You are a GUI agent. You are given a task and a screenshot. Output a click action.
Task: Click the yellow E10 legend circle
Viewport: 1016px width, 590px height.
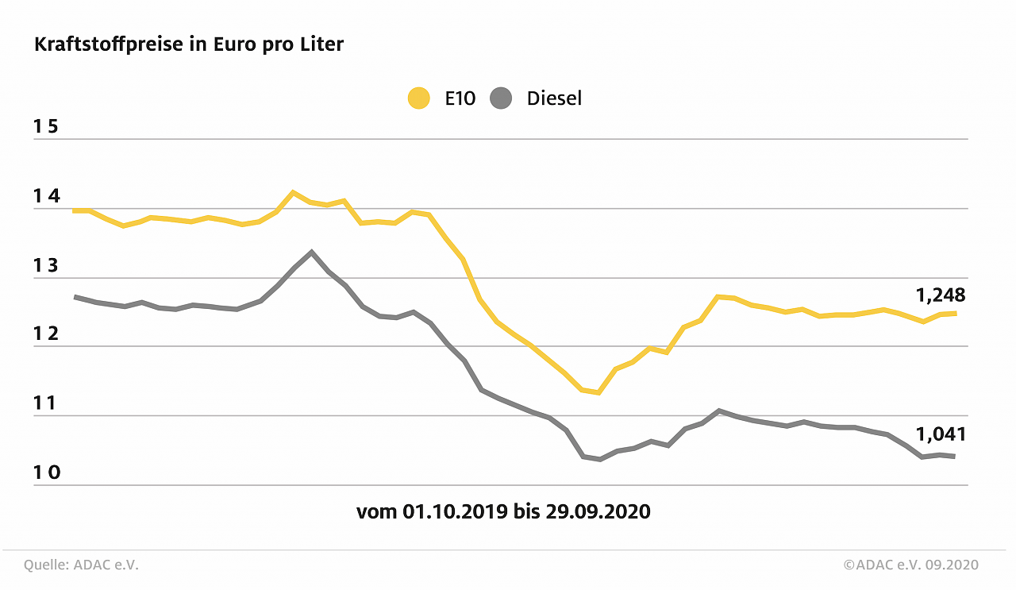coord(418,98)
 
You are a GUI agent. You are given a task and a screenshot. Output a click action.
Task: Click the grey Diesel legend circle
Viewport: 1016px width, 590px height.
coord(502,98)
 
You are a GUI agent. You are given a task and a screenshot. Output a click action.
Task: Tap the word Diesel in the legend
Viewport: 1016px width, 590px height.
coord(554,98)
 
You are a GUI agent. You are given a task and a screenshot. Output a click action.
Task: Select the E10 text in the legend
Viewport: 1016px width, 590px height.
coord(460,98)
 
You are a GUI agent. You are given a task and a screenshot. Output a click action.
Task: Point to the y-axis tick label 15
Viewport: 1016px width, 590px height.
coord(47,127)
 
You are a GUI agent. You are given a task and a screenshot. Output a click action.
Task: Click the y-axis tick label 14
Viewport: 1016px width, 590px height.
coord(47,196)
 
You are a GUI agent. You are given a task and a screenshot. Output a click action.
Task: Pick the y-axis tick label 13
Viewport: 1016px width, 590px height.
coord(47,265)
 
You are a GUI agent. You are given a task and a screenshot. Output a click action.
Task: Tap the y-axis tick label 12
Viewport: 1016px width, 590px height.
coord(47,334)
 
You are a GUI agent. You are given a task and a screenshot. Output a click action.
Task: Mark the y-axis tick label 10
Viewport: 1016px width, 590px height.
coord(47,472)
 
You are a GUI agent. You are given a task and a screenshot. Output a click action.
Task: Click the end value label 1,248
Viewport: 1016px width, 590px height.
coord(941,295)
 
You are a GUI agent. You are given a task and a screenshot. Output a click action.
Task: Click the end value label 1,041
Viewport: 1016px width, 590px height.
coord(941,434)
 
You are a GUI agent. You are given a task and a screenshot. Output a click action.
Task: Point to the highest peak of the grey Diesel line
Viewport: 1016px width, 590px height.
coord(311,252)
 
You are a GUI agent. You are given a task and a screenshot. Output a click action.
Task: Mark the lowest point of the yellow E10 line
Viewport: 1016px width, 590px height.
coord(598,392)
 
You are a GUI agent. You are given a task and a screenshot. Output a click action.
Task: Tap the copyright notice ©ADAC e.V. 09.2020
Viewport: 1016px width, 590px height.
coord(910,565)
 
